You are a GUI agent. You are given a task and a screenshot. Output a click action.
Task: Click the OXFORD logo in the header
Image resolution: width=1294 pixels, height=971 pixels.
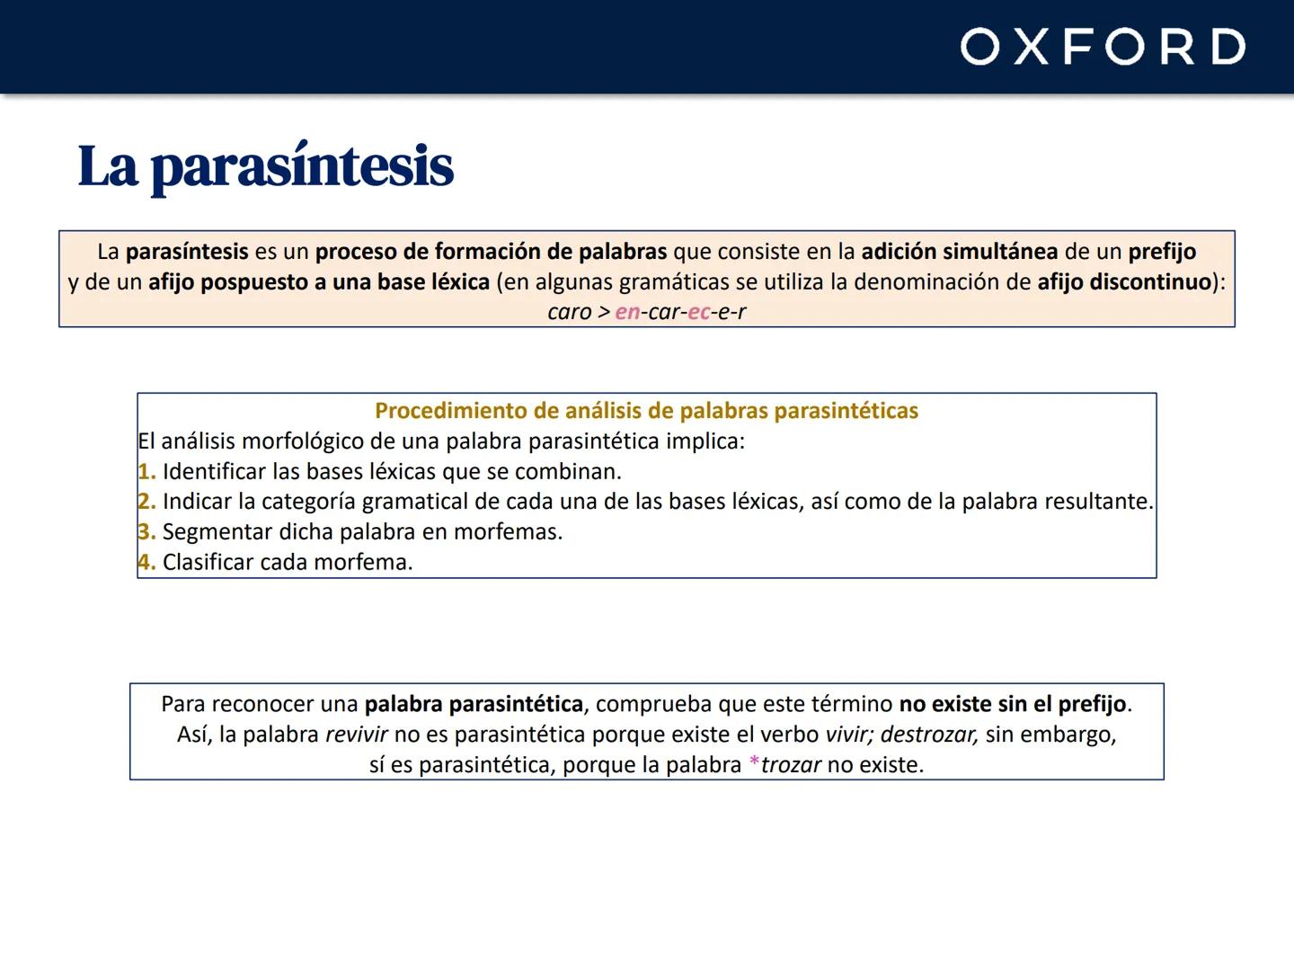tap(1103, 47)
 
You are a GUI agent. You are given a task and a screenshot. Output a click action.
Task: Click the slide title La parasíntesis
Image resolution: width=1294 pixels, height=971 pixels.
tap(266, 166)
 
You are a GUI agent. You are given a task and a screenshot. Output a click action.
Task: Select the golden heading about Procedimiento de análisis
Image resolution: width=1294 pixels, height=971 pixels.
tap(646, 411)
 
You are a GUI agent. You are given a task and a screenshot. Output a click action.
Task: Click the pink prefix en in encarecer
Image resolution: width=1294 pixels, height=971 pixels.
tap(627, 312)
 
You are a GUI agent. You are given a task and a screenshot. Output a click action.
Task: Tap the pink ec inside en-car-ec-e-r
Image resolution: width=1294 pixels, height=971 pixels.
tap(698, 312)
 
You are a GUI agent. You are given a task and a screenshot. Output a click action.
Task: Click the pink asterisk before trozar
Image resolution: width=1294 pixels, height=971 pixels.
tap(754, 765)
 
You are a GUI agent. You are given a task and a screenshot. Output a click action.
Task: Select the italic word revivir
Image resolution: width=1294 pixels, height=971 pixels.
tap(356, 735)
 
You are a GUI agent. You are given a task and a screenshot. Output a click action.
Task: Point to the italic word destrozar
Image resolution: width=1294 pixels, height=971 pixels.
tap(928, 735)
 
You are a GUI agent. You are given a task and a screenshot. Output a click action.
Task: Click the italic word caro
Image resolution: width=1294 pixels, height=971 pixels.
tap(570, 312)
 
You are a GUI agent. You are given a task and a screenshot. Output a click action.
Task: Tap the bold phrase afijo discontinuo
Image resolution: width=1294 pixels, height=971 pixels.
tap(1124, 281)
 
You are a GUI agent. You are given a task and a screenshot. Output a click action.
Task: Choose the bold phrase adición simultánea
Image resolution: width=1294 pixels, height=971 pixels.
tap(959, 252)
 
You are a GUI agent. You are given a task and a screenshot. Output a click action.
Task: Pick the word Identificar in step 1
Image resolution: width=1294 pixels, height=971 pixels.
tap(214, 471)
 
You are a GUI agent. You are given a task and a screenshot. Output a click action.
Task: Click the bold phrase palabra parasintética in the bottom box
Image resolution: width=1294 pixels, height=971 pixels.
tap(474, 704)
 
